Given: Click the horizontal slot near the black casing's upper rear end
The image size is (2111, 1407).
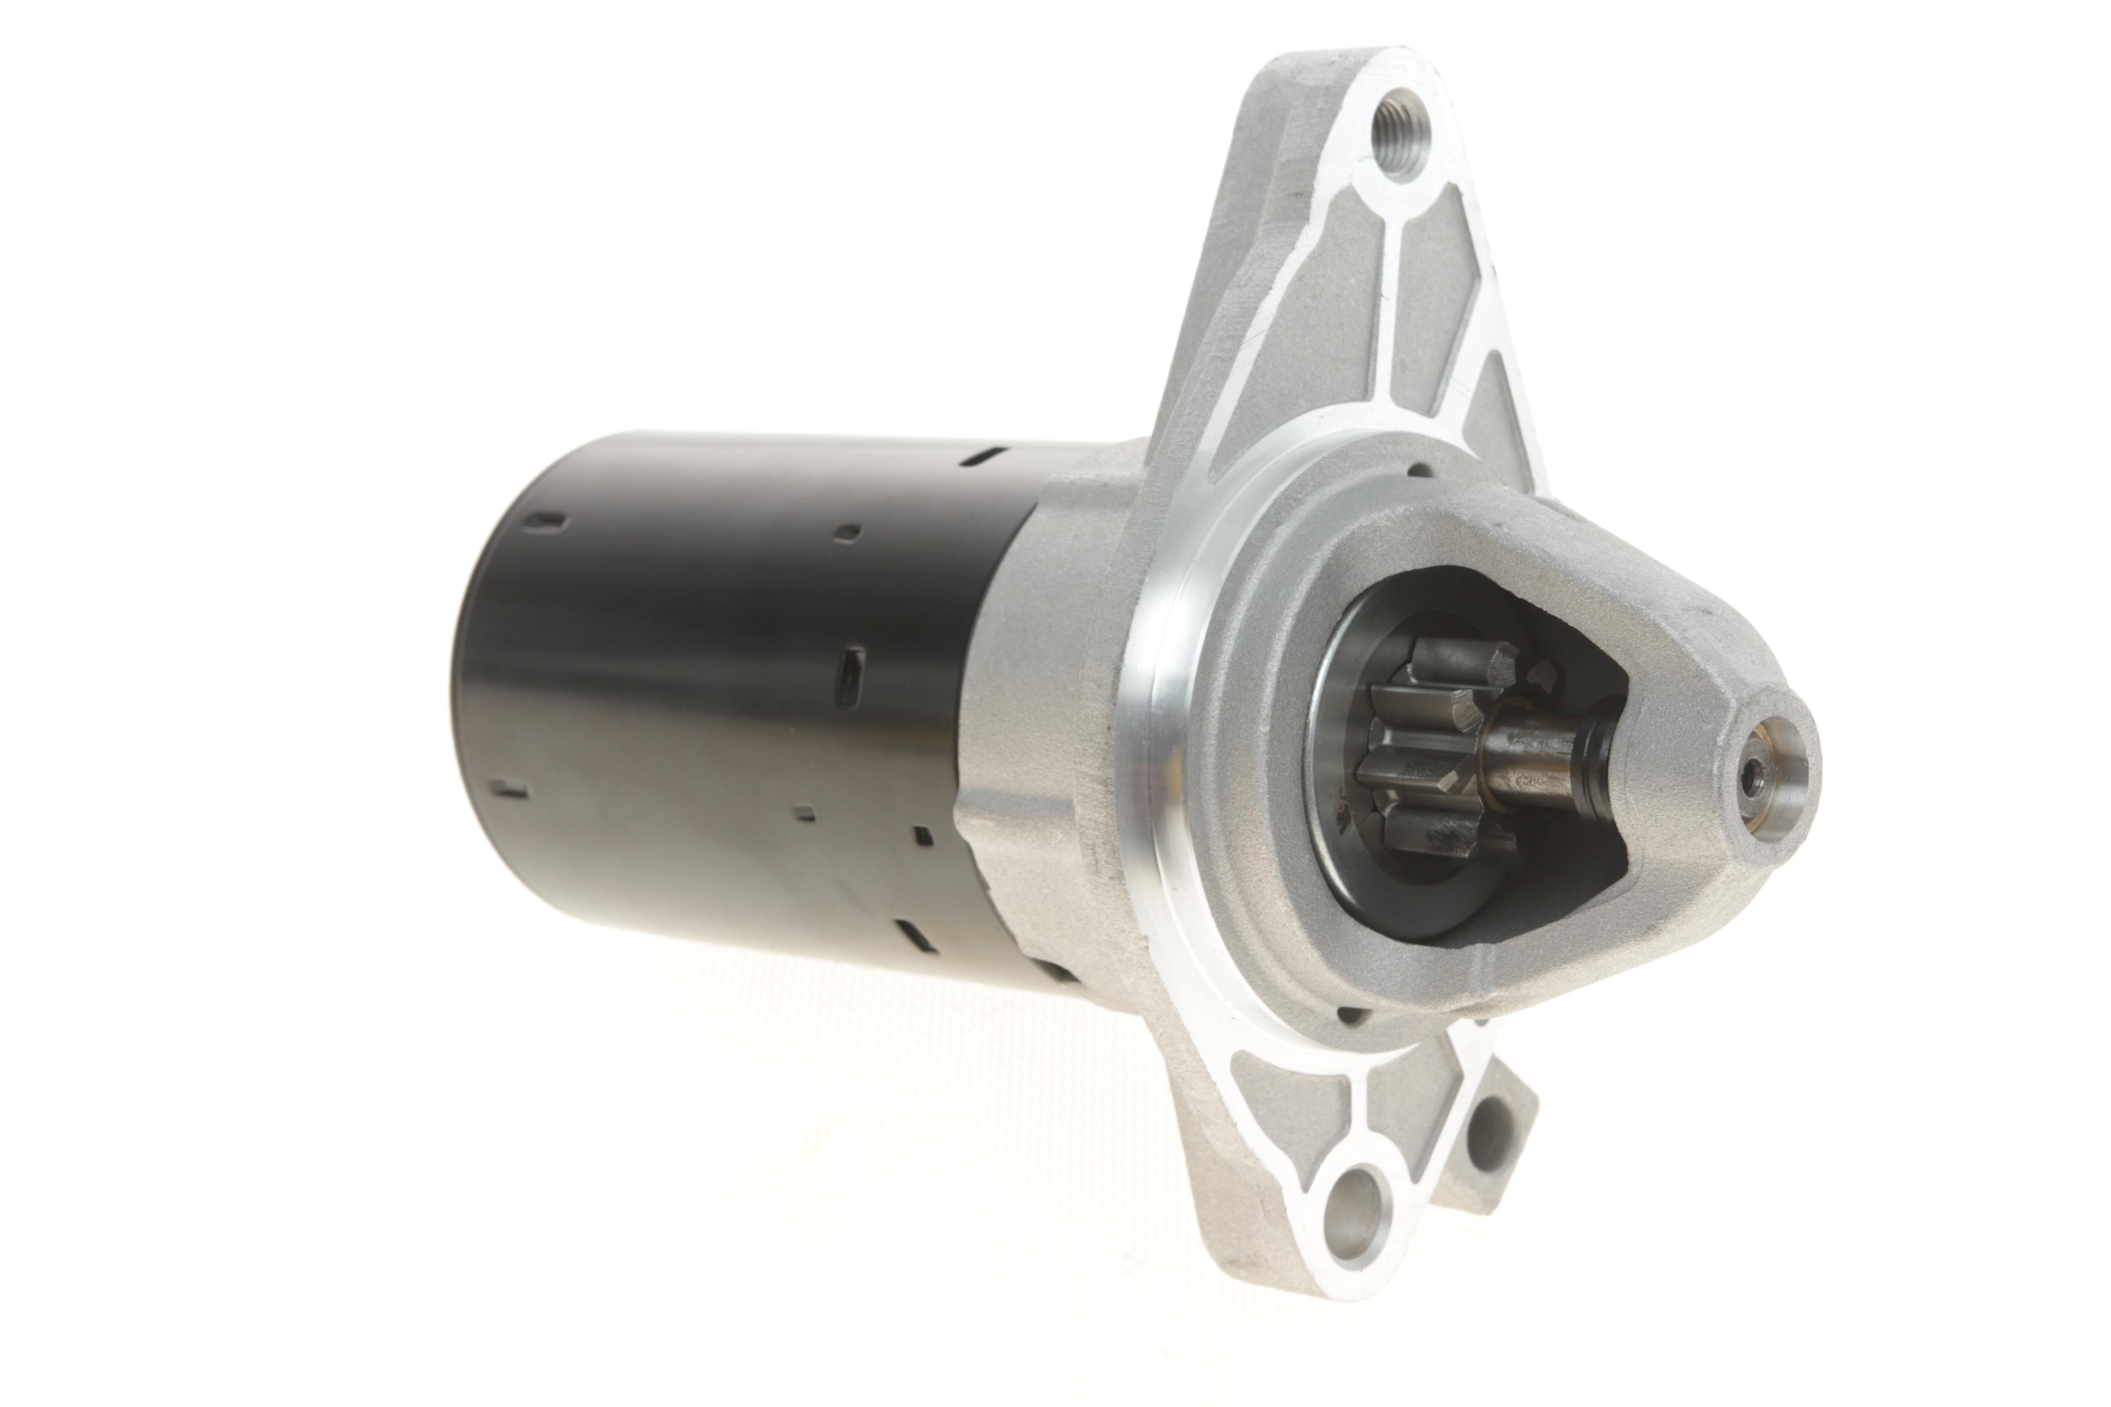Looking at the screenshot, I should pyautogui.click(x=547, y=520).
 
